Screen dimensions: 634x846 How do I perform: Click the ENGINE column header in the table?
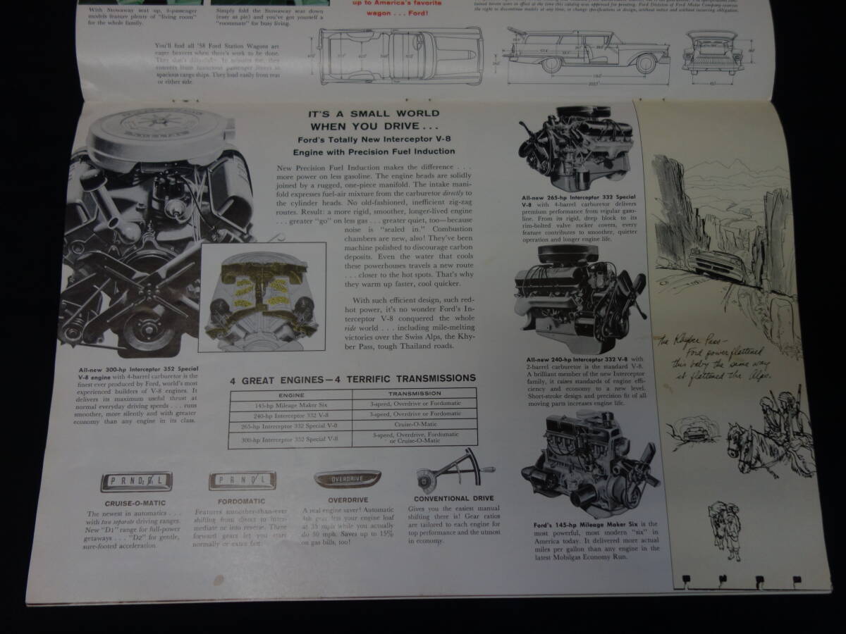click(x=290, y=394)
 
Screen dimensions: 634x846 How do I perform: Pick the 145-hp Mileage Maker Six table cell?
click(x=290, y=405)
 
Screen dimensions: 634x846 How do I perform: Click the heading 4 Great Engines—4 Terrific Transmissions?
click(x=352, y=378)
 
